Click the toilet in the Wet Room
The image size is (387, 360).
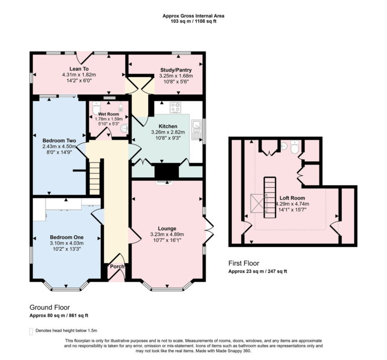pyautogui.click(x=96, y=109)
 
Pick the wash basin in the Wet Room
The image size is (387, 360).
pyautogui.click(x=124, y=128)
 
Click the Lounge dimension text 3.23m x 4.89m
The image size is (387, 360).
pyautogui.click(x=167, y=234)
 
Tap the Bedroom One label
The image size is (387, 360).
pyautogui.click(x=67, y=237)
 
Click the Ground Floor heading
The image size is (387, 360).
pyautogui.click(x=49, y=307)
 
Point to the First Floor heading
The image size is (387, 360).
pyautogui.click(x=243, y=263)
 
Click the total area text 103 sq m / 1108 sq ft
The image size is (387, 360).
pyautogui.click(x=193, y=22)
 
